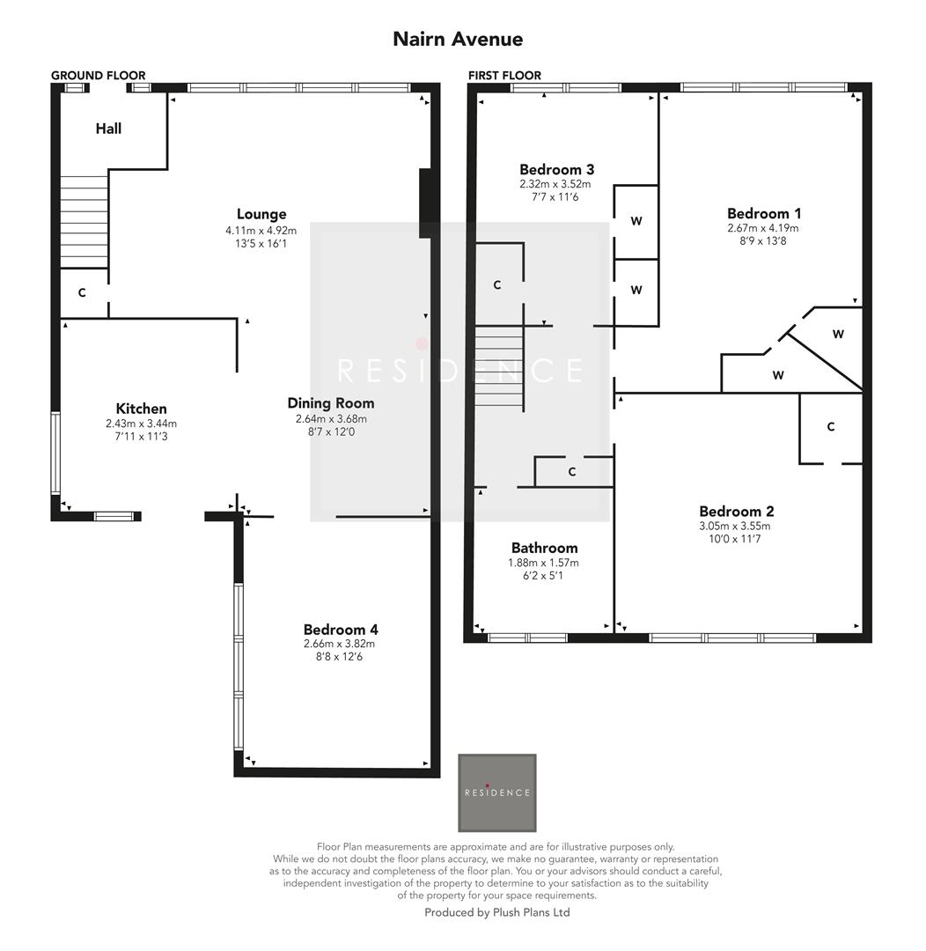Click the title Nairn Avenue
458,40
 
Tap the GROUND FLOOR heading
98,76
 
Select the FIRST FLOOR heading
504,76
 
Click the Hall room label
108,129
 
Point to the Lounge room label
261,214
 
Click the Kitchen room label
141,409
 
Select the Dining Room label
330,403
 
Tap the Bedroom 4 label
340,630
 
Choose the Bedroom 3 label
556,170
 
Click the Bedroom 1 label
763,213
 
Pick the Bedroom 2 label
736,512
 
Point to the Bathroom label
544,548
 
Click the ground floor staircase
84,221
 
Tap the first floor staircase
499,368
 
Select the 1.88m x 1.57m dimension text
544,563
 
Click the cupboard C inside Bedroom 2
830,427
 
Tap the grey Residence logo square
497,792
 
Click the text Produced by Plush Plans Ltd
497,912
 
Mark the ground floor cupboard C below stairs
82,293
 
